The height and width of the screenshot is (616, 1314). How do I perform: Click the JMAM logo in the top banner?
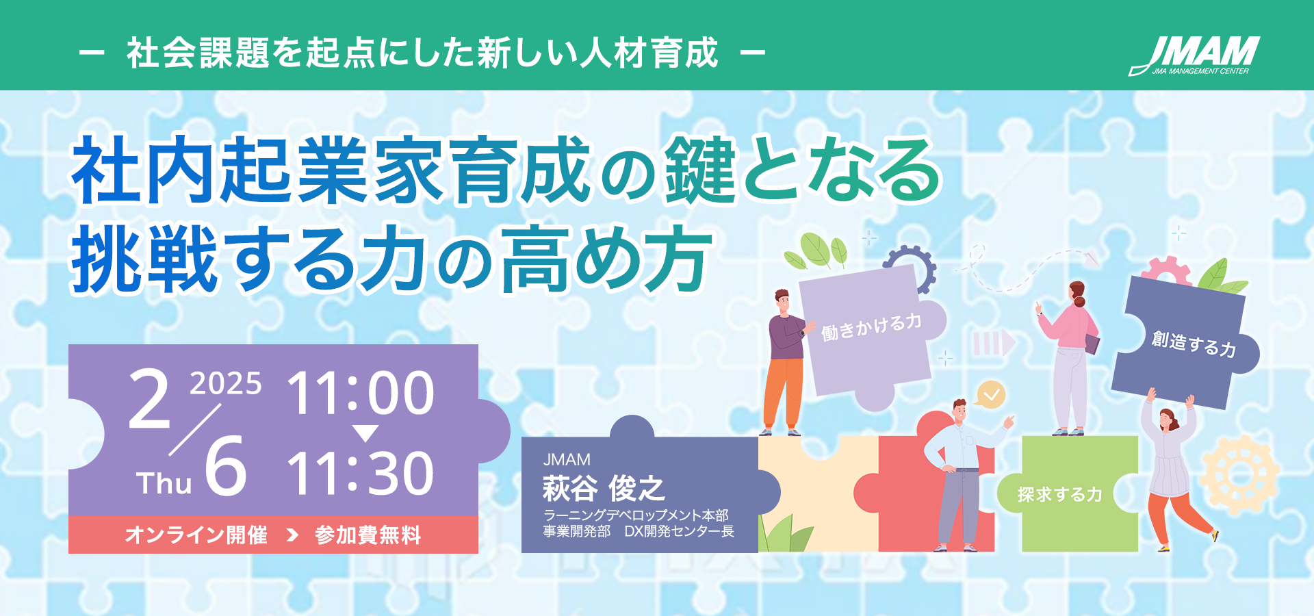pyautogui.click(x=1194, y=55)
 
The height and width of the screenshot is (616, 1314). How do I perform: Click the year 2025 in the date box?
pyautogui.click(x=226, y=383)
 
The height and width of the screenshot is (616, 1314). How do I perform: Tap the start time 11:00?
pyautogui.click(x=361, y=393)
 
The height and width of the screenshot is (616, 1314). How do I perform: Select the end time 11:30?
pyautogui.click(x=361, y=473)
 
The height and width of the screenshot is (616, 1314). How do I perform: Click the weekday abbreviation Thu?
pyautogui.click(x=164, y=483)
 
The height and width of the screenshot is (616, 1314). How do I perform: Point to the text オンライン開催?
pyautogui.click(x=196, y=535)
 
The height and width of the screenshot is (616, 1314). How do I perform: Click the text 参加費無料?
pyautogui.click(x=368, y=535)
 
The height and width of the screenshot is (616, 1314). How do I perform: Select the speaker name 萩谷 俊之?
pyautogui.click(x=604, y=489)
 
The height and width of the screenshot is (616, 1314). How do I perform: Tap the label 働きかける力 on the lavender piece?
pyautogui.click(x=871, y=326)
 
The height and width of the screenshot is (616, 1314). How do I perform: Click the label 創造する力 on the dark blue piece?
pyautogui.click(x=1194, y=344)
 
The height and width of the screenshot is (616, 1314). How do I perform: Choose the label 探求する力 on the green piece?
pyautogui.click(x=1059, y=494)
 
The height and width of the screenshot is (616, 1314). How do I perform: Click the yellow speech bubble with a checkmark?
pyautogui.click(x=990, y=395)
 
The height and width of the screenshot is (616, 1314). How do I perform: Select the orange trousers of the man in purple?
pyautogui.click(x=784, y=394)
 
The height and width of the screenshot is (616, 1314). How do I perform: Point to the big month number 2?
pyautogui.click(x=149, y=399)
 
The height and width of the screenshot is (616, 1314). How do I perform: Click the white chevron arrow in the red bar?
pyautogui.click(x=292, y=535)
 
